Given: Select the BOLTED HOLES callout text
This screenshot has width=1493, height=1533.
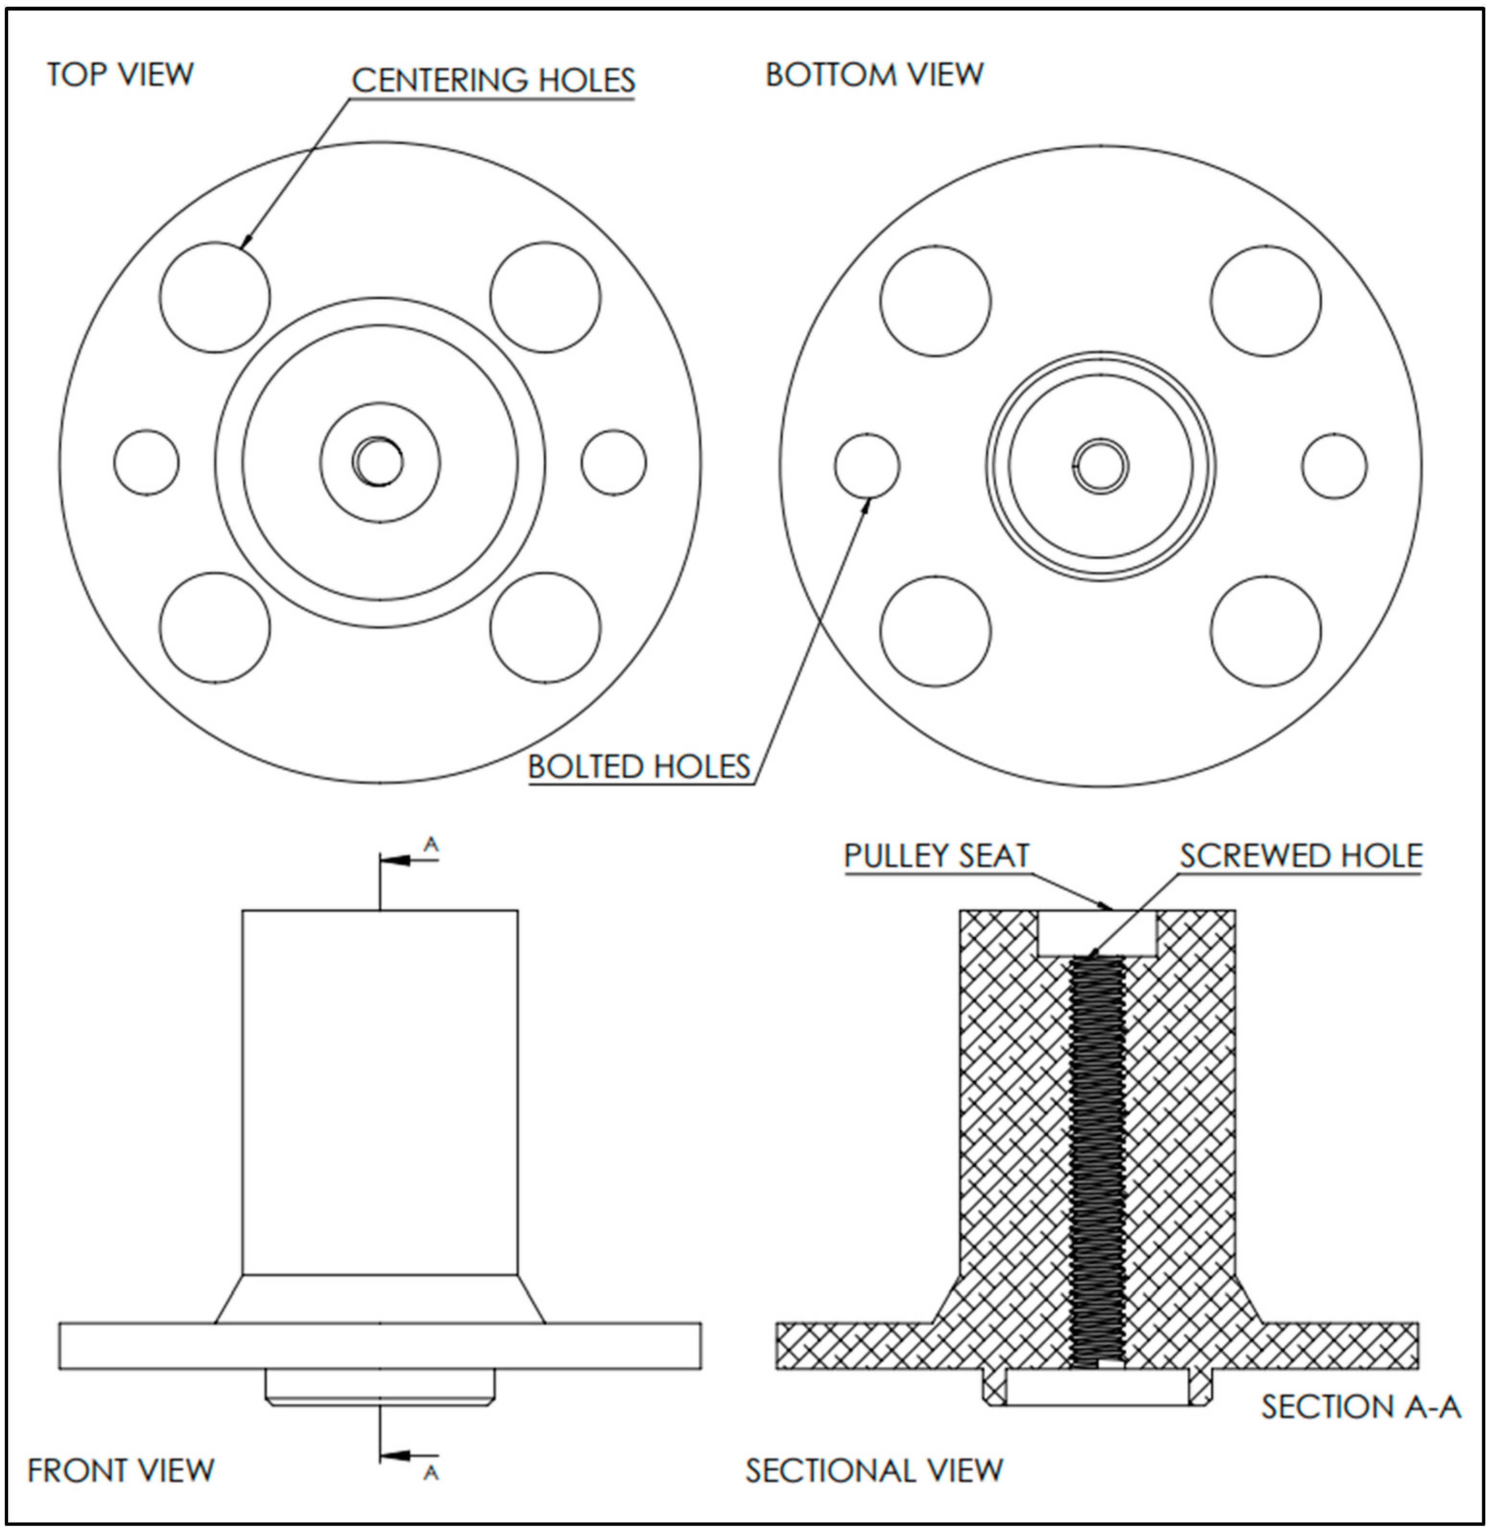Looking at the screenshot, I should point(638,766).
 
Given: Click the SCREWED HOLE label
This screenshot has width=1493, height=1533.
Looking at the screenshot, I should point(1300,856).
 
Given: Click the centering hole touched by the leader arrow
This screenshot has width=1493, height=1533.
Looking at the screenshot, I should point(215,298).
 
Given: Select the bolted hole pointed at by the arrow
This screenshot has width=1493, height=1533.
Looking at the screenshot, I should point(866,466).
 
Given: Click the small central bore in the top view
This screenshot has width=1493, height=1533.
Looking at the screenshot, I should point(380,462).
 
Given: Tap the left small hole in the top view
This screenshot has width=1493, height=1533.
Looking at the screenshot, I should point(146,462).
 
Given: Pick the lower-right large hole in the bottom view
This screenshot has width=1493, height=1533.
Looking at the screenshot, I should point(1265,632).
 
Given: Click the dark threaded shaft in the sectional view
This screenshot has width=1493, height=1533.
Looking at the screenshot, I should point(1097,1160).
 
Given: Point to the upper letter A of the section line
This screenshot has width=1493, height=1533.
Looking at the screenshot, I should point(430,845).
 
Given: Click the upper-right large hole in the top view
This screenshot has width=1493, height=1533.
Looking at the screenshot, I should point(545,298).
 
